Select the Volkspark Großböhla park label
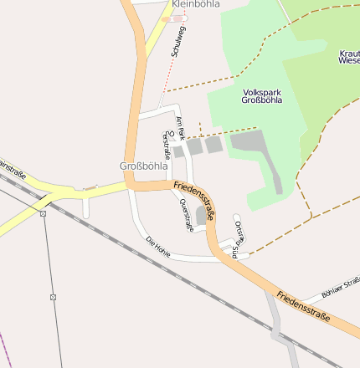[x=261, y=95]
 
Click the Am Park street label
[x=179, y=128]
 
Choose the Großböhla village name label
[x=143, y=166]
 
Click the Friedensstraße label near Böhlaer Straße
[x=303, y=307]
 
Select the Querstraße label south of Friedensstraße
[x=186, y=215]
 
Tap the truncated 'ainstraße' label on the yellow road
[x=13, y=171]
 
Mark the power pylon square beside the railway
[x=44, y=213]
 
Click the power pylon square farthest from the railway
[x=53, y=297]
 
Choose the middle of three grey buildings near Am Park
[x=194, y=146]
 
